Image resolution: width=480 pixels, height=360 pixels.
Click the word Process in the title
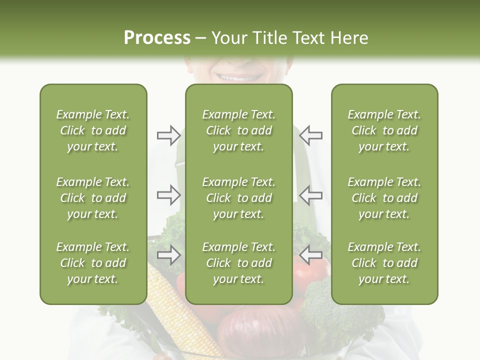point(157,38)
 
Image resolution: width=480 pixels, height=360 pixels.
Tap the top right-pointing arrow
point(168,135)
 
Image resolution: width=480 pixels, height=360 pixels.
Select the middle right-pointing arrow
point(168,194)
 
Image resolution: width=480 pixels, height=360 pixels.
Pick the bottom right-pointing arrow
point(168,255)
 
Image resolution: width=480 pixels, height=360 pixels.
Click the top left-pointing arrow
point(311,135)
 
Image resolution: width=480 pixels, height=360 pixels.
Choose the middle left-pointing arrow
point(311,194)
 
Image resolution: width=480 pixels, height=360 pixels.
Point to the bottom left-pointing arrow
point(311,255)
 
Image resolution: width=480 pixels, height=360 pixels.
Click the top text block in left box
point(93,130)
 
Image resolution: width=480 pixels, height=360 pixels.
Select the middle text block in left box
point(93,198)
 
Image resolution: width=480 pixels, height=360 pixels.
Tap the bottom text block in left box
point(93,263)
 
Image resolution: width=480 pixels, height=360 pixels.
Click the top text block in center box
point(238,130)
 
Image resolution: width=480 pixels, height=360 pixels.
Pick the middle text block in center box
point(238,198)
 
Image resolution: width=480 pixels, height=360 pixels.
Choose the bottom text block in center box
point(238,263)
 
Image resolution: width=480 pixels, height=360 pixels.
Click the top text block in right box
point(384,130)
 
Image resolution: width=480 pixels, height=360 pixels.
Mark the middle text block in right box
point(384,198)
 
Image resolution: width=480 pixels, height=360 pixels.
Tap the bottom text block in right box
point(384,263)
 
